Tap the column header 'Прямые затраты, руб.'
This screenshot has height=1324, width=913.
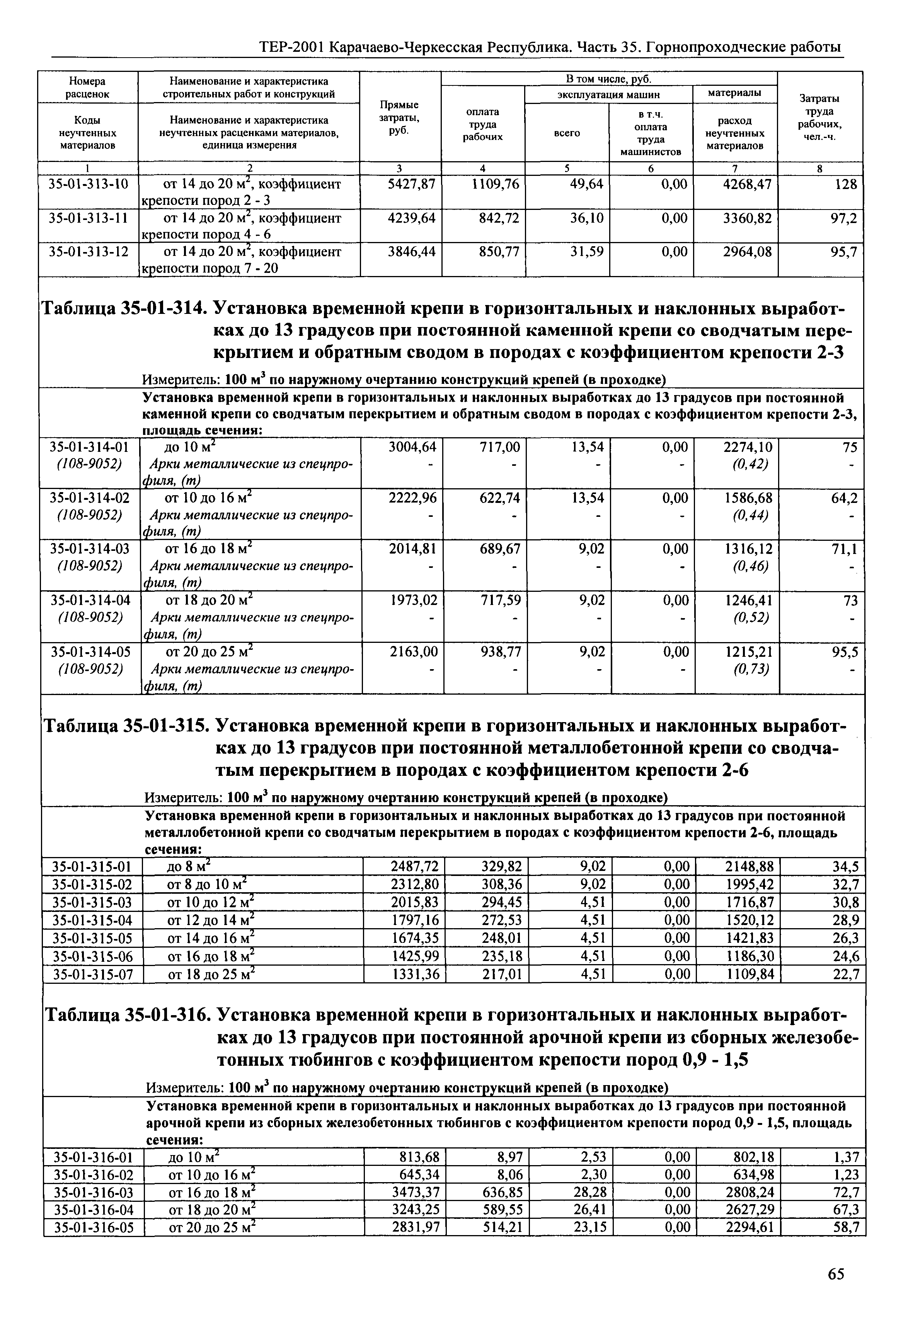[x=399, y=117]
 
